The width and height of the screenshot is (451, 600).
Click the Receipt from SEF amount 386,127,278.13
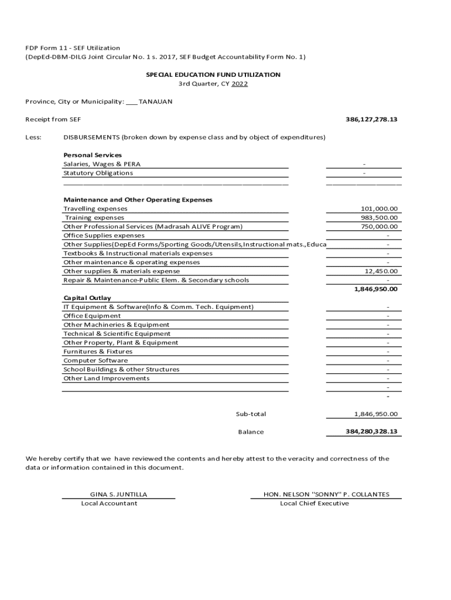click(371, 120)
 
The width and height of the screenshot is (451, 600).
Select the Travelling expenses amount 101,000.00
click(379, 209)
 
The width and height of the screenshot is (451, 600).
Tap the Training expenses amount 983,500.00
click(379, 217)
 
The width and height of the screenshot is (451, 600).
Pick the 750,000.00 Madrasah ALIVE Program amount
click(379, 227)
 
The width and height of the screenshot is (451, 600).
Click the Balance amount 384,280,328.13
click(371, 432)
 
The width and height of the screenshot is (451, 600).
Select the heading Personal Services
click(93, 155)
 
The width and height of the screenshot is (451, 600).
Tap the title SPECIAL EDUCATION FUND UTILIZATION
click(213, 75)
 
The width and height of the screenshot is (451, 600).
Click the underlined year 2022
click(240, 84)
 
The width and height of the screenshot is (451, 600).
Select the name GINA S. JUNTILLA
click(118, 495)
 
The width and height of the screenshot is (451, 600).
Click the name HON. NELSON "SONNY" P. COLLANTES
click(326, 495)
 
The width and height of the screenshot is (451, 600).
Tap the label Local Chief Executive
click(314, 503)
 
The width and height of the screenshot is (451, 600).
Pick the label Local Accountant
click(109, 503)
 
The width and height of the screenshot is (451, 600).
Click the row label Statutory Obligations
click(98, 173)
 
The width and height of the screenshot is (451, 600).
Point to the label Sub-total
click(251, 414)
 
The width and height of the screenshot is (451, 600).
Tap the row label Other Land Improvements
click(107, 379)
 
